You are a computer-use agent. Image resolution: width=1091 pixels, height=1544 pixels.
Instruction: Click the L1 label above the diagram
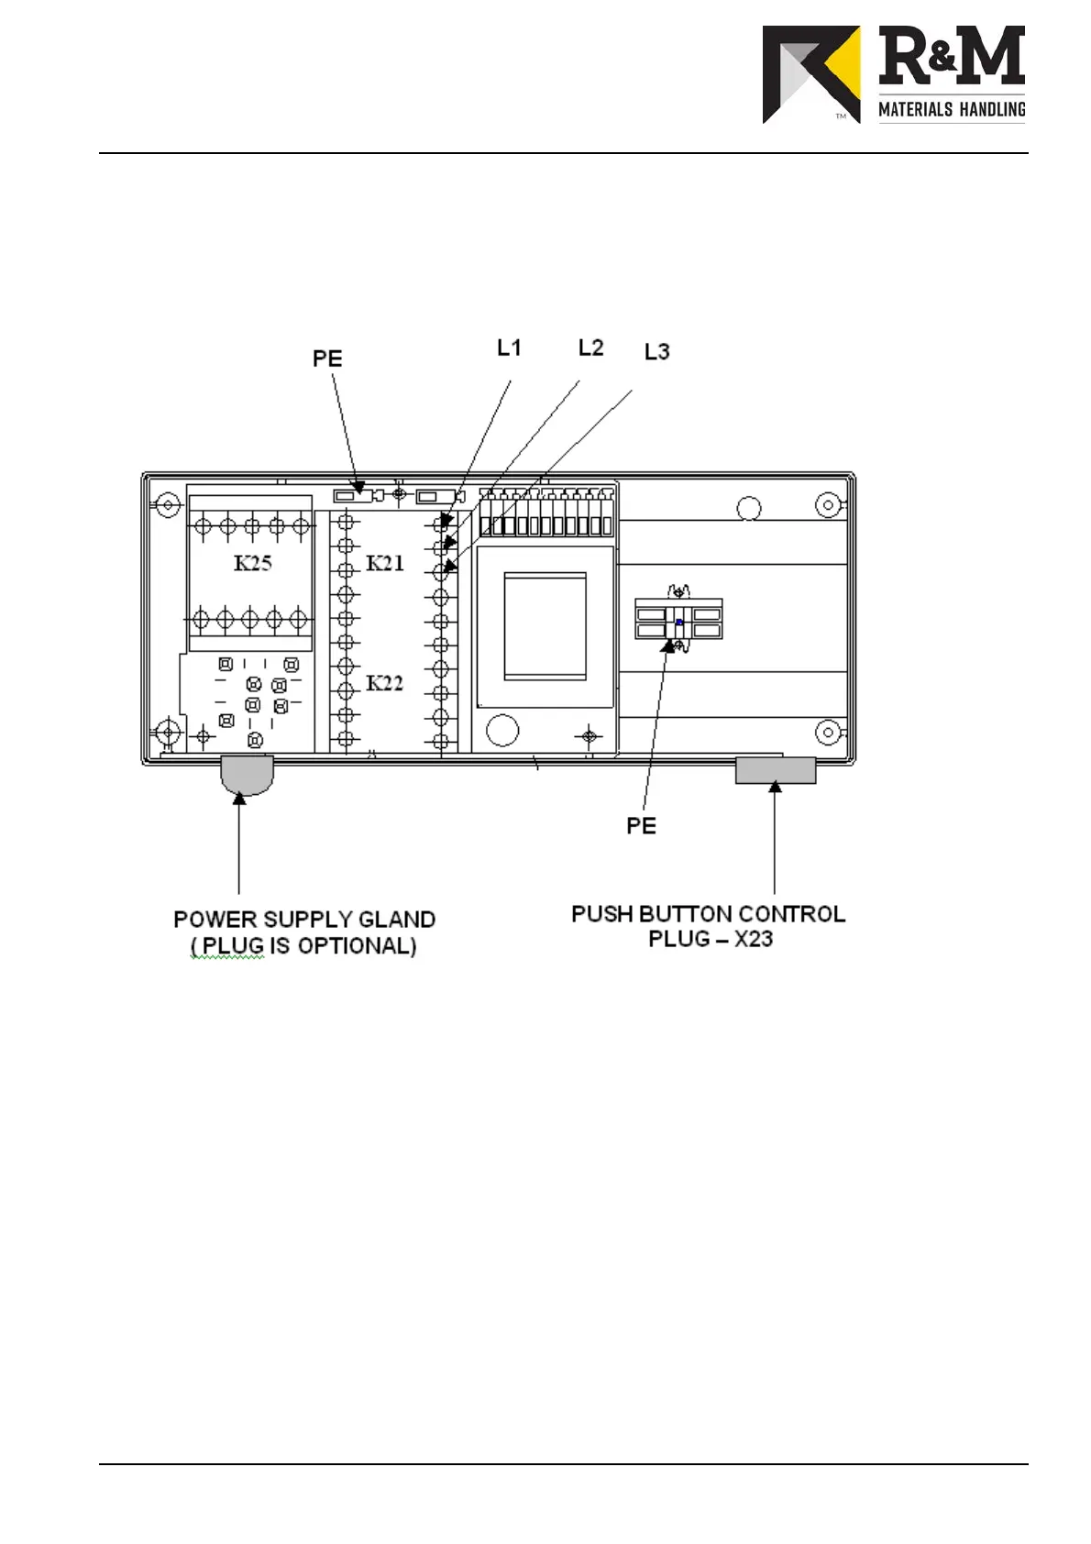pos(509,347)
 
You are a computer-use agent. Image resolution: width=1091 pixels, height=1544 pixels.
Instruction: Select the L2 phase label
pos(590,347)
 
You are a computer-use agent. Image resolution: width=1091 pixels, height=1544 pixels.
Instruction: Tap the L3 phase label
pos(656,351)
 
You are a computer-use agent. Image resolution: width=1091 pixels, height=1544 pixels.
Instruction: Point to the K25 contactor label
pos(252,563)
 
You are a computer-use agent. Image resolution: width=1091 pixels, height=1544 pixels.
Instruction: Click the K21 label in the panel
pos(385,563)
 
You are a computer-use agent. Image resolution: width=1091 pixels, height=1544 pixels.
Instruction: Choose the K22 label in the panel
pos(385,683)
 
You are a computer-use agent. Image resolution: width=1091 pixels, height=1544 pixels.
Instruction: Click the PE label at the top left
pos(327,358)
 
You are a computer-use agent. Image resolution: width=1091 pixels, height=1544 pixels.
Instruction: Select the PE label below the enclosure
pos(641,826)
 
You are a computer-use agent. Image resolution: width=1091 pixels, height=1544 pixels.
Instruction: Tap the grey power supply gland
pos(248,774)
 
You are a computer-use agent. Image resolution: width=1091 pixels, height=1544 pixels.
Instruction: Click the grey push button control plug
pos(776,770)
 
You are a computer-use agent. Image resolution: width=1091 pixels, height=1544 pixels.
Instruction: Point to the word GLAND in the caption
pos(395,920)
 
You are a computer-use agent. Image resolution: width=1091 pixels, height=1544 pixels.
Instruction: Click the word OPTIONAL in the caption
pos(353,946)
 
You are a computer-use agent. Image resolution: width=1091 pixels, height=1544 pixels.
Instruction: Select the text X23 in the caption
pos(753,939)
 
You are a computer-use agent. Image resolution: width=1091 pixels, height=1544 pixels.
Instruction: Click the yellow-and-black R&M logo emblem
pos(811,74)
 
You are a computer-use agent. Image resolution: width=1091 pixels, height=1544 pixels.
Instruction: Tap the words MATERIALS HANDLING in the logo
pos(952,110)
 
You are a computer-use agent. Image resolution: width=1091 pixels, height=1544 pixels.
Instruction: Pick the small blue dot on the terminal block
pos(678,623)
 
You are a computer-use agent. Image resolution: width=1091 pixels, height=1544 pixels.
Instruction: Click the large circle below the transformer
pos(501,730)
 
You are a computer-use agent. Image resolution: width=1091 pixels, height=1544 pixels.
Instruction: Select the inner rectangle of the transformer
pos(545,626)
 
